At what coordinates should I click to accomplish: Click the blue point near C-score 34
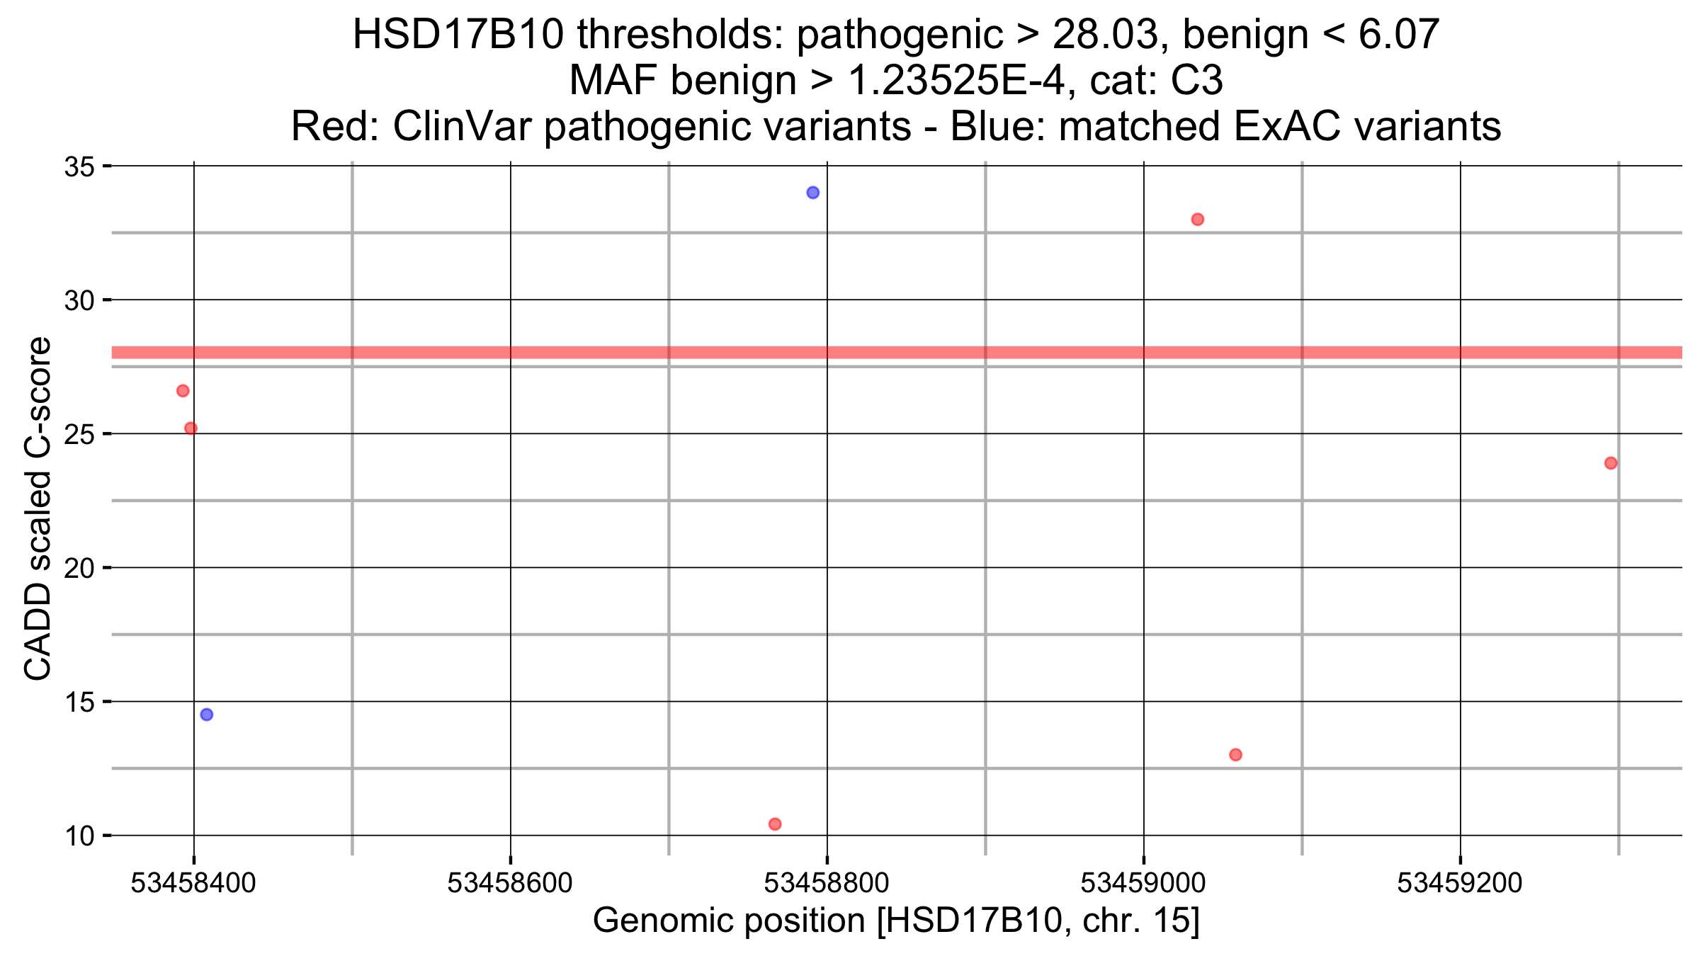pos(812,193)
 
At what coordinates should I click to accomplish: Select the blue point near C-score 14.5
pos(206,715)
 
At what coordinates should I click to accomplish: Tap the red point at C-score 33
pos(1197,220)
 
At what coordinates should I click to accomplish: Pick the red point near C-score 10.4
pos(775,824)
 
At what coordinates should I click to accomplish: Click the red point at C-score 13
pos(1235,755)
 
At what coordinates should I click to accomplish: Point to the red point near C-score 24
pos(1611,463)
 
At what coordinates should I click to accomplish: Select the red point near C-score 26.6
pos(183,391)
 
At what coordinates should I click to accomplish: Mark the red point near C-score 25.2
pos(191,428)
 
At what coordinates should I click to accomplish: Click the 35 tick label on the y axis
pos(79,168)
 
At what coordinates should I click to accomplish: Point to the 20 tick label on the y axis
pos(79,569)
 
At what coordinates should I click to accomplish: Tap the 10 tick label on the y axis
pos(79,836)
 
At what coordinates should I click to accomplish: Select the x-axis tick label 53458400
pos(193,883)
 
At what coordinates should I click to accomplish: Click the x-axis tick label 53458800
pos(827,883)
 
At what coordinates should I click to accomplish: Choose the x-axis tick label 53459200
pos(1460,883)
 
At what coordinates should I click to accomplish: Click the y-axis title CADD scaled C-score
pos(38,508)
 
